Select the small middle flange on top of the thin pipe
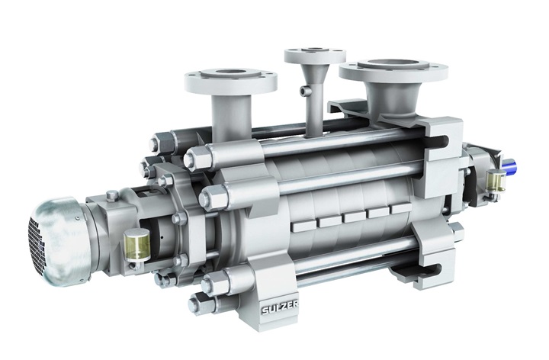(310, 56)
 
